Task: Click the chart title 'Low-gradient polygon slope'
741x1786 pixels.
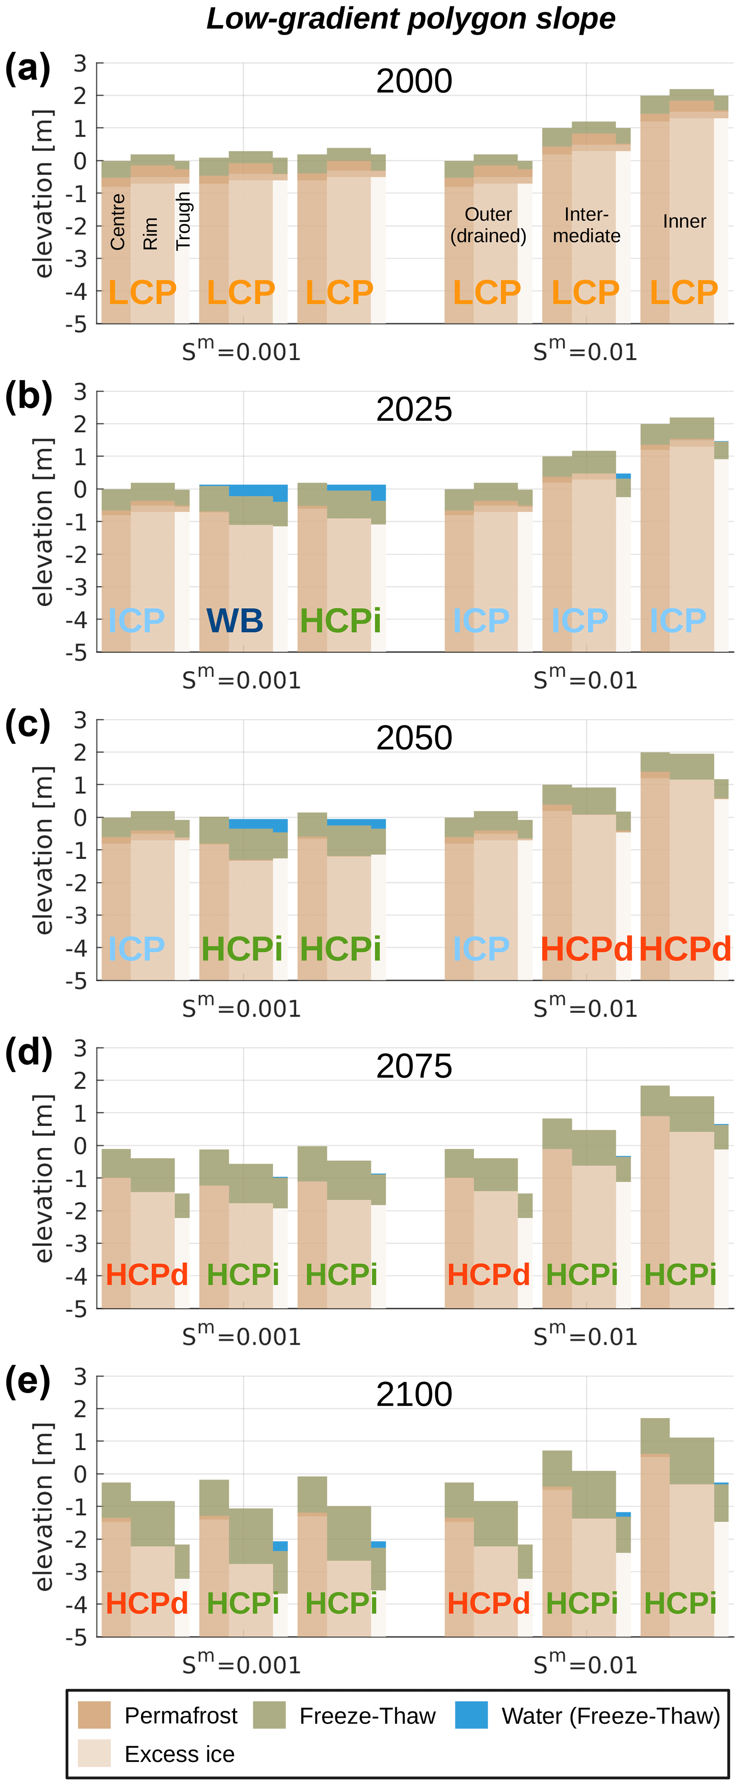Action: click(x=411, y=19)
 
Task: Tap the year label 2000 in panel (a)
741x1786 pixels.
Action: click(x=414, y=81)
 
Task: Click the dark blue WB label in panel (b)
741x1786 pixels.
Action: click(x=235, y=621)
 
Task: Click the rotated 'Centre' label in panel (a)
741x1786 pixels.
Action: click(x=118, y=222)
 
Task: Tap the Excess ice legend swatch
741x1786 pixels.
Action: click(x=94, y=1753)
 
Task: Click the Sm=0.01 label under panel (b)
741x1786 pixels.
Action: click(x=585, y=679)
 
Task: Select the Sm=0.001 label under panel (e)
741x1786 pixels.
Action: click(x=241, y=1664)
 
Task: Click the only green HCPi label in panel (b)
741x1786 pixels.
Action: click(x=340, y=621)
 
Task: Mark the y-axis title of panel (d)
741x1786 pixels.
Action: click(x=43, y=1179)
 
